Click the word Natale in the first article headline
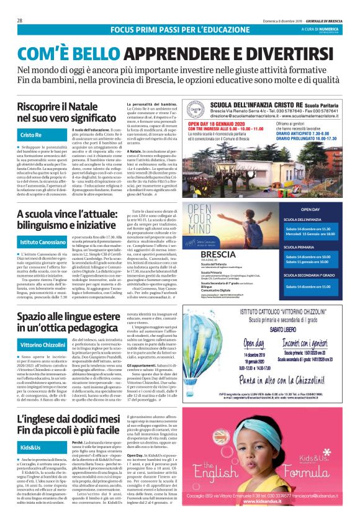pyautogui.click(x=93, y=106)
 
